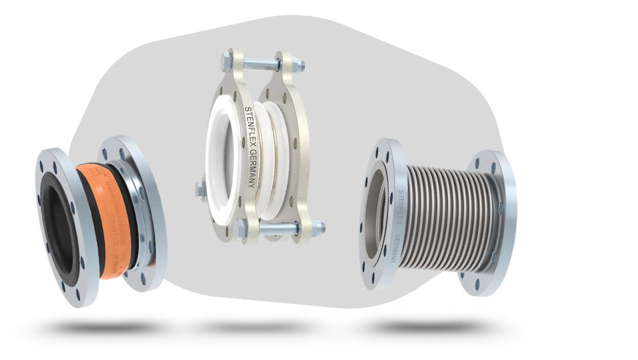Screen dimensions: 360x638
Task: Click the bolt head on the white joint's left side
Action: (201, 190)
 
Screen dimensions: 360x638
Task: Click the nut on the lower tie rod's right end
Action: (319, 228)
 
